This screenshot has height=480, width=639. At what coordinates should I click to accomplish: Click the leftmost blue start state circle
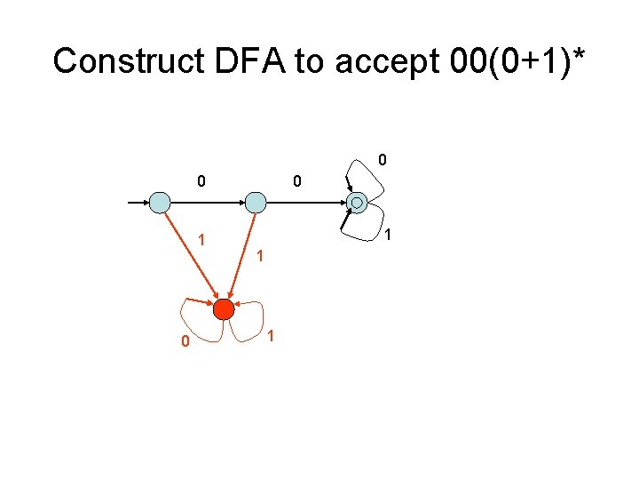160,203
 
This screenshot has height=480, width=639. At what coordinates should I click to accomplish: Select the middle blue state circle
256,203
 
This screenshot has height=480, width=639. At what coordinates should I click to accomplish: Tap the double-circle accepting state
357,203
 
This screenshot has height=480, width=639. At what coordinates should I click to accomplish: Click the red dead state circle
223,309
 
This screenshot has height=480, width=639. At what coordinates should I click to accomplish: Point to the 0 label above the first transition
201,181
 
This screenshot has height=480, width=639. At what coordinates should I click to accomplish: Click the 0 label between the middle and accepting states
297,181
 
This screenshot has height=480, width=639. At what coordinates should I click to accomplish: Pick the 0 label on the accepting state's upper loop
383,161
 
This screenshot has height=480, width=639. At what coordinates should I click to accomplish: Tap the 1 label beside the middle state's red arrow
259,257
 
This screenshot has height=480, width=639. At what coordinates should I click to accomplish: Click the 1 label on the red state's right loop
271,335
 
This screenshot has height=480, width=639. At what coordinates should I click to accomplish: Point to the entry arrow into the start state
138,203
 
